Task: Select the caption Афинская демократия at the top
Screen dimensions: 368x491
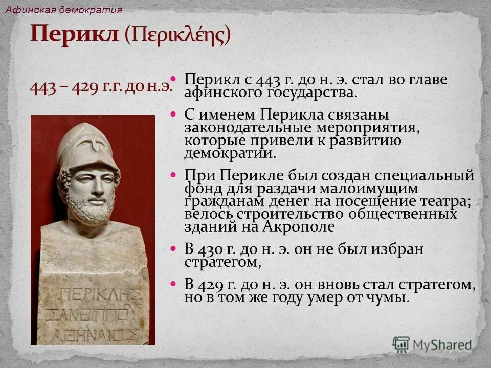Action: pyautogui.click(x=64, y=10)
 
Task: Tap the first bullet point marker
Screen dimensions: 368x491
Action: pyautogui.click(x=173, y=79)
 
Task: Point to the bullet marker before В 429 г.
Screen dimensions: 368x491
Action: pyautogui.click(x=173, y=283)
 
